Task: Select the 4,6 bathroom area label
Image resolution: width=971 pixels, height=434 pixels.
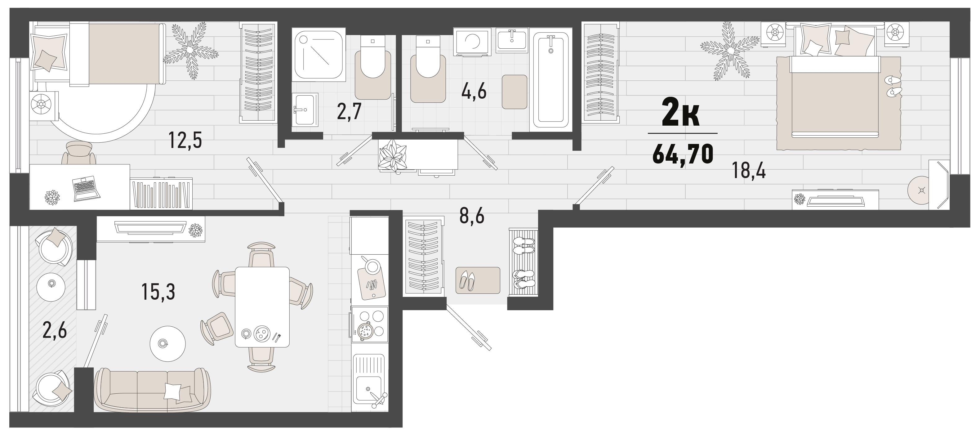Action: pyautogui.click(x=474, y=91)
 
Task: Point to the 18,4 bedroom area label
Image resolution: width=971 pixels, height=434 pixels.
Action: pyautogui.click(x=749, y=170)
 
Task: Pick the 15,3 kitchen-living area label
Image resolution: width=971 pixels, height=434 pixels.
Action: pyautogui.click(x=158, y=292)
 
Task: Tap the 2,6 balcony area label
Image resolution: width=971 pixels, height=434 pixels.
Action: pyautogui.click(x=55, y=330)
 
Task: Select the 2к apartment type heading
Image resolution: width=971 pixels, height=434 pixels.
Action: pyautogui.click(x=681, y=112)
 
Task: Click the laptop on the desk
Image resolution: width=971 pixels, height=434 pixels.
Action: pyautogui.click(x=86, y=189)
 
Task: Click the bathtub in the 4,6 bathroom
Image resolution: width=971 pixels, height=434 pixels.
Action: pyautogui.click(x=551, y=79)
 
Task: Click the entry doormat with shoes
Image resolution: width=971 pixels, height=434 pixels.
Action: pyautogui.click(x=478, y=280)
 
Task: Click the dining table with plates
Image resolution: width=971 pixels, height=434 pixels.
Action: pyautogui.click(x=262, y=307)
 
